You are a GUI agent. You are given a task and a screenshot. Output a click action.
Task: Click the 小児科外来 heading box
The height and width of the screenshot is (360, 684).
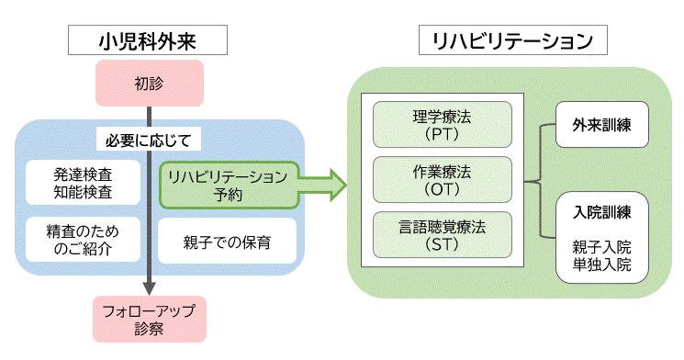coord(148,40)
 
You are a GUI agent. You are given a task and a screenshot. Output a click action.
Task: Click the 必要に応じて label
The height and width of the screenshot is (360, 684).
coord(148,141)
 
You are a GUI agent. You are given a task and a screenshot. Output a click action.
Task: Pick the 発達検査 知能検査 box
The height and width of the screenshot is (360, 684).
coord(84,183)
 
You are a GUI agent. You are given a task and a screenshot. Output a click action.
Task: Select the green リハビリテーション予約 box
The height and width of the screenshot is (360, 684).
coord(227,185)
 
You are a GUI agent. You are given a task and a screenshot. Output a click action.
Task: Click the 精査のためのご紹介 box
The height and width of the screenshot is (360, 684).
coord(84,239)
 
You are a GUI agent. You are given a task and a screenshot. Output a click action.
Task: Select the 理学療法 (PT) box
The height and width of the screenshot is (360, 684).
coord(442,125)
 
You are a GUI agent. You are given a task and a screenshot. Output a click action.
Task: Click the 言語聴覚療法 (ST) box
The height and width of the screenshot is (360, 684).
coord(442,236)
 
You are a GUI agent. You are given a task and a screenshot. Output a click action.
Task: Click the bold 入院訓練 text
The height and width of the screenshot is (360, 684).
coord(602,212)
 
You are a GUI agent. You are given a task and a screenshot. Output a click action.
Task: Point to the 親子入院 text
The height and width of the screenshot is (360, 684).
coord(602,247)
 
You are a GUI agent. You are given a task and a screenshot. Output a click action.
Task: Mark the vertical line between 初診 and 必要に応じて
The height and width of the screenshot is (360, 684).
coord(148,117)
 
